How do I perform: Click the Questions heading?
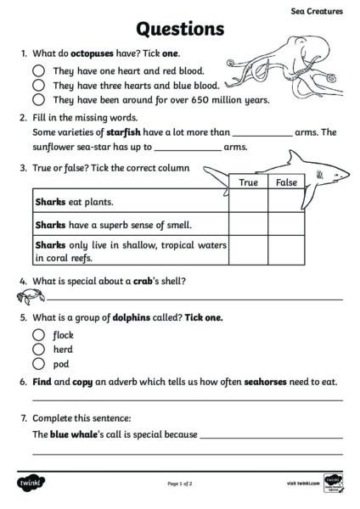tap(180, 30)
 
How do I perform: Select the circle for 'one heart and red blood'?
tap(38, 72)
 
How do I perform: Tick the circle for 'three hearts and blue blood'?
tap(38, 86)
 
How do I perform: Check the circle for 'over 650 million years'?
tap(38, 99)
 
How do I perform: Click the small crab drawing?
tap(25, 296)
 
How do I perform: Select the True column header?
tap(248, 182)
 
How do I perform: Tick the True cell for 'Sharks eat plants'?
tap(248, 202)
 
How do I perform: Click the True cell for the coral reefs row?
tap(248, 250)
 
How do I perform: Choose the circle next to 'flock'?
tap(38, 335)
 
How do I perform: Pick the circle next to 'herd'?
tap(38, 350)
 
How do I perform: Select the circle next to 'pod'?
tap(38, 364)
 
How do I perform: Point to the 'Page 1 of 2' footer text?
tap(180, 484)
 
